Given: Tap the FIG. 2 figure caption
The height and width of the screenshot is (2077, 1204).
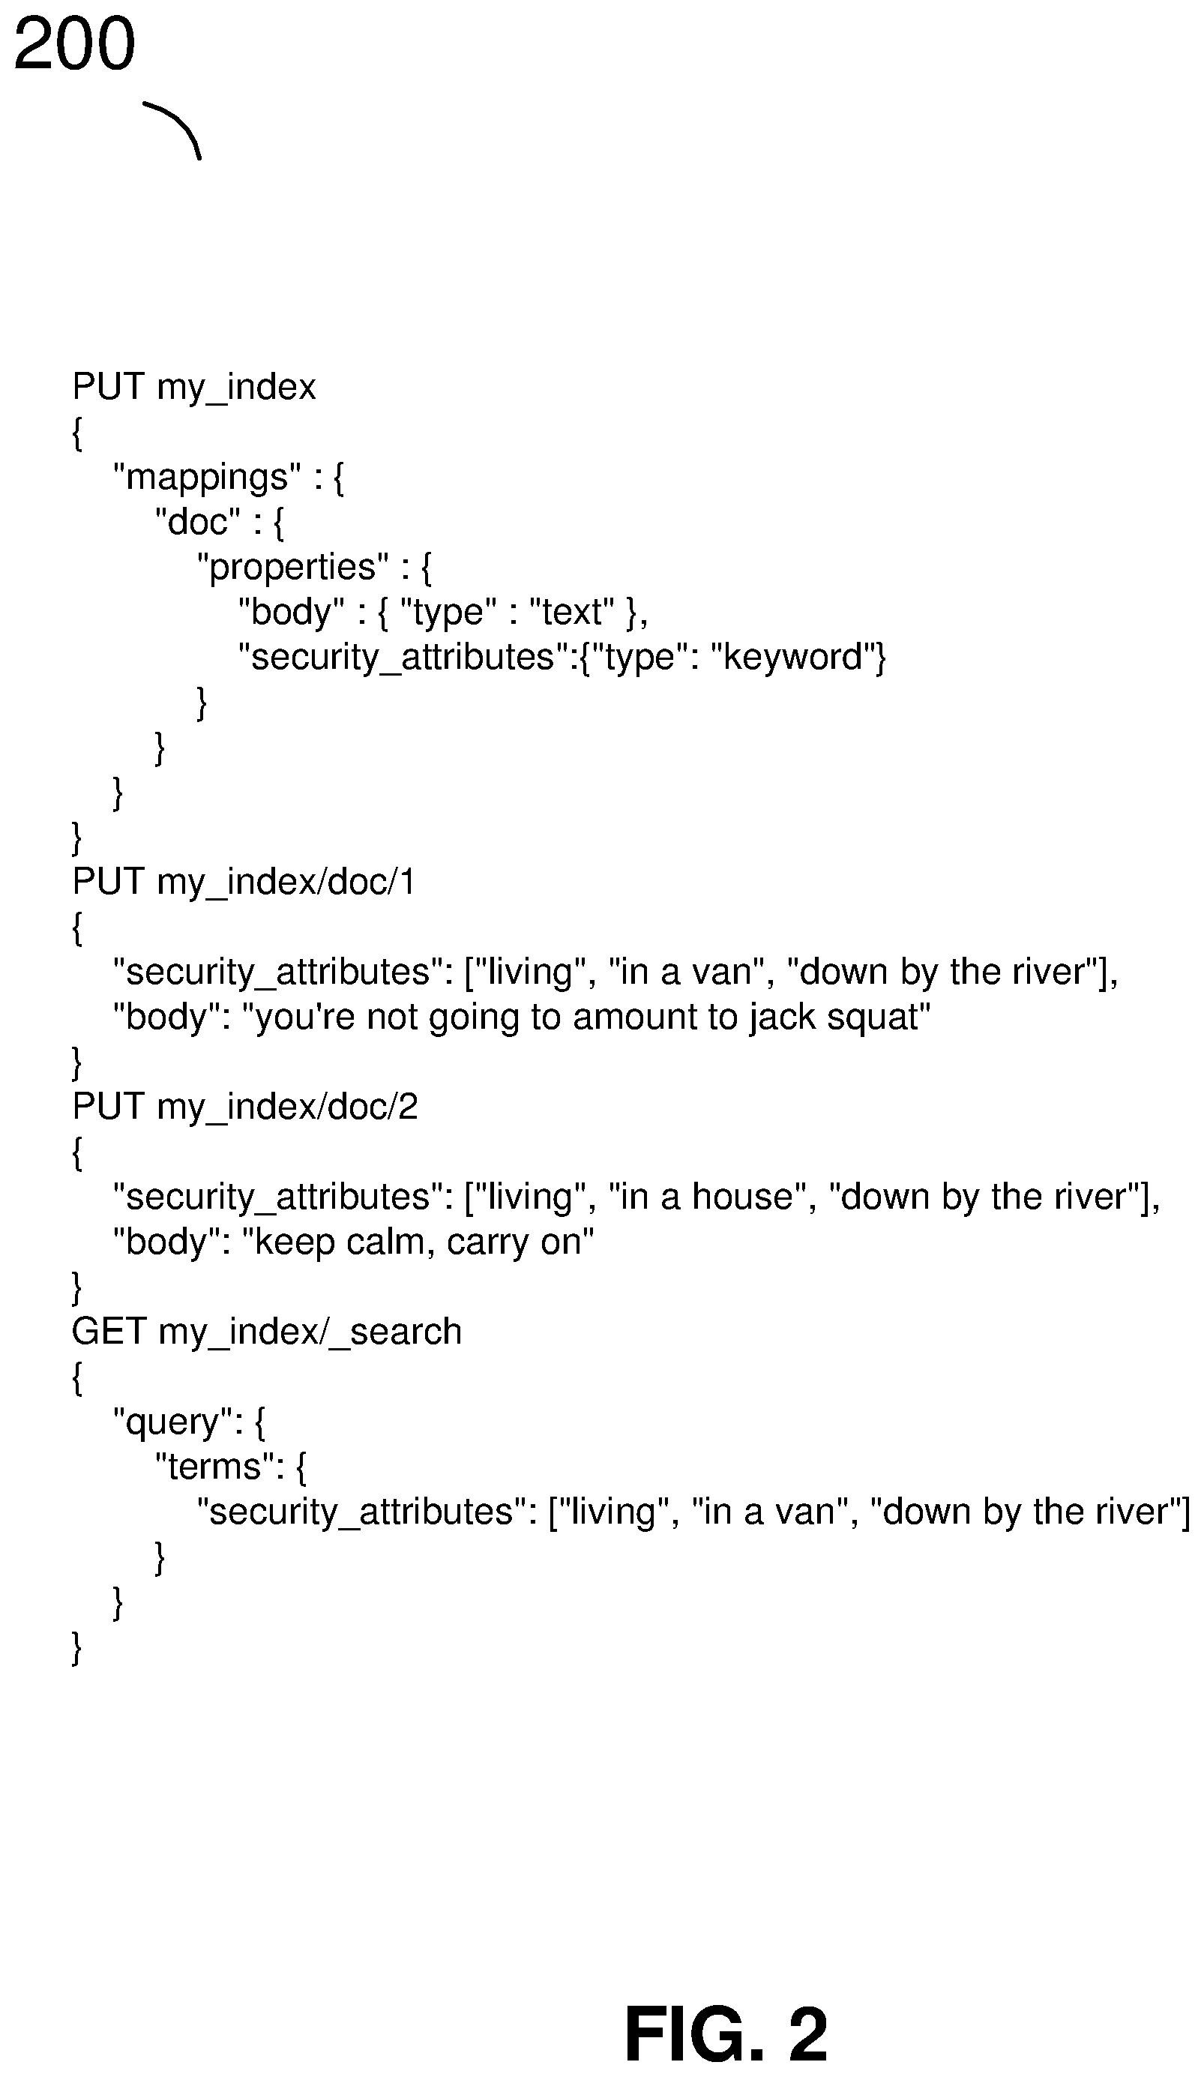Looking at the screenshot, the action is (x=726, y=2034).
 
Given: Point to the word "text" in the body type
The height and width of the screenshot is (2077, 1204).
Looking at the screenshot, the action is (x=572, y=612).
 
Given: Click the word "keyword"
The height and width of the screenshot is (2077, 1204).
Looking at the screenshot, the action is (x=792, y=657).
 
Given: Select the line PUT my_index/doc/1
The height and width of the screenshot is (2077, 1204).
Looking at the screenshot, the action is (x=243, y=883).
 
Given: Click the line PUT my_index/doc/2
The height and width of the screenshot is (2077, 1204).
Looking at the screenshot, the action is (x=244, y=1107).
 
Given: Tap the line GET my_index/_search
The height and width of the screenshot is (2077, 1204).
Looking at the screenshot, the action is (x=267, y=1332).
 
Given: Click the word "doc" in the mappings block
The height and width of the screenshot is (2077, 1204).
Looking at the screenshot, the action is (x=198, y=522).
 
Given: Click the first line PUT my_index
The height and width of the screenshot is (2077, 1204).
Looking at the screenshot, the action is (x=194, y=388).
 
